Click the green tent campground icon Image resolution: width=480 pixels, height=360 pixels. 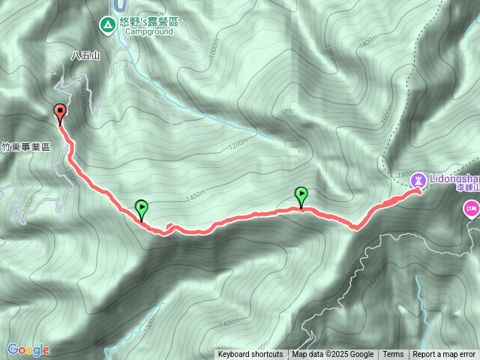[108, 25]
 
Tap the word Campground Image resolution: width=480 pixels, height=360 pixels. [149, 32]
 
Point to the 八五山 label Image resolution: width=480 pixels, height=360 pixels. [85, 55]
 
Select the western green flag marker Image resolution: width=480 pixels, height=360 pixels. [141, 209]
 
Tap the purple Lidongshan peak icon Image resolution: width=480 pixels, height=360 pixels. [419, 179]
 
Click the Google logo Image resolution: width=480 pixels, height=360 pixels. [28, 350]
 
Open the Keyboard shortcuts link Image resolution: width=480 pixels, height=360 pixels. [250, 355]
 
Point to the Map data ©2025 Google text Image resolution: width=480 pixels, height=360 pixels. [332, 355]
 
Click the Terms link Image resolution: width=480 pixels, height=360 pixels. [393, 355]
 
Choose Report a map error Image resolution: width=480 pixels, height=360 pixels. [444, 355]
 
